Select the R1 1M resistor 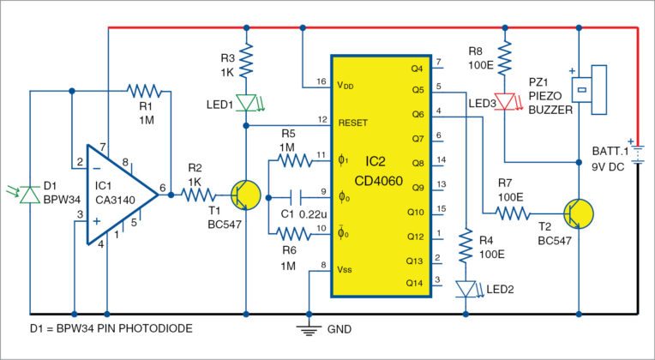[x=141, y=88]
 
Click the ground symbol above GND [x=307, y=326]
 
